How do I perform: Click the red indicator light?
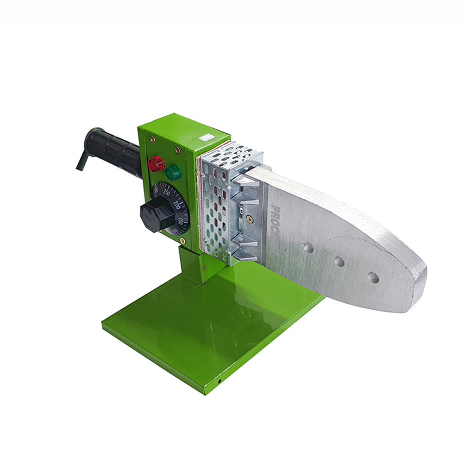156,163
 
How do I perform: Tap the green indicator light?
174,173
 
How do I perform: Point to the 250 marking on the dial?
167,193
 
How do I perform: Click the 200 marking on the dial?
176,204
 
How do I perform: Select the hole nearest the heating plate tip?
373,277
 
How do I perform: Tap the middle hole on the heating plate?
339,262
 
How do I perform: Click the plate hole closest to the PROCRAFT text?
308,248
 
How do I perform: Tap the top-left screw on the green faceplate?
151,138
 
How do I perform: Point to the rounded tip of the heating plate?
419,287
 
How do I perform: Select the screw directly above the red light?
176,150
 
